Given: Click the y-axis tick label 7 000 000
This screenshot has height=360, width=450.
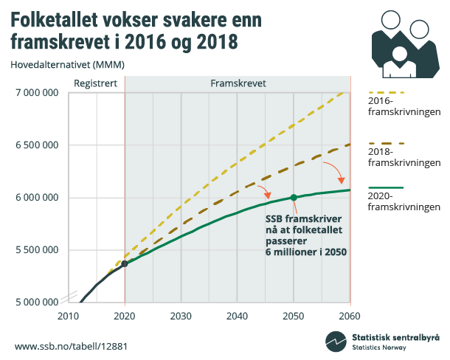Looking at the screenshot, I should (35, 93).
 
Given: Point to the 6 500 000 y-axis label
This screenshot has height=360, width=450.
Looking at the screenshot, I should (35, 145).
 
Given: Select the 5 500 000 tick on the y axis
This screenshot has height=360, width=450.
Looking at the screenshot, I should (35, 249).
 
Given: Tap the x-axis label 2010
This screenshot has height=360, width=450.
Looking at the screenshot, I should (68, 316).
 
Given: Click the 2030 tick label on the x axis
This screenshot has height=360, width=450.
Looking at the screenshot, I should (181, 316).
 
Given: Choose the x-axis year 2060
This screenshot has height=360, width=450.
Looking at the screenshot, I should (350, 316).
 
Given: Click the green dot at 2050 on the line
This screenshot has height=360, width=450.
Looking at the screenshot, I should (294, 198).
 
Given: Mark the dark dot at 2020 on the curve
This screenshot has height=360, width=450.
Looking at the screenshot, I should (125, 263).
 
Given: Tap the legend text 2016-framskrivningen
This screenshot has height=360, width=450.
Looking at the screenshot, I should (404, 107).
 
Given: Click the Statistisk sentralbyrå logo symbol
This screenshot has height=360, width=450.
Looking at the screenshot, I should (336, 342).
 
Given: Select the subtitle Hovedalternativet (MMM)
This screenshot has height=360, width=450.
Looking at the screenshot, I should (67, 64).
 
